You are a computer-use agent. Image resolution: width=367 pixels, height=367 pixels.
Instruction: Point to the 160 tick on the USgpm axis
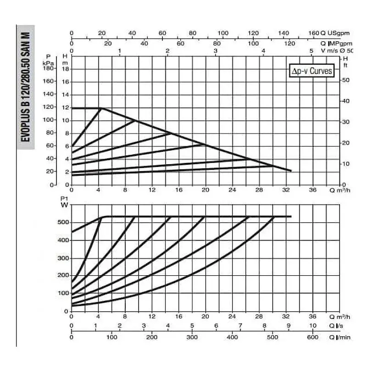click(x=314, y=33)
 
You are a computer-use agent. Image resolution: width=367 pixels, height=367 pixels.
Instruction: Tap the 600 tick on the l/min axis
click(x=312, y=337)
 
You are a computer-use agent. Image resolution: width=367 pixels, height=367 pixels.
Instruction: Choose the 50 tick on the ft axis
click(x=347, y=80)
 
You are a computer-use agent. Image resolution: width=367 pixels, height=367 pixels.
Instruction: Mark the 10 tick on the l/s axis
click(x=313, y=326)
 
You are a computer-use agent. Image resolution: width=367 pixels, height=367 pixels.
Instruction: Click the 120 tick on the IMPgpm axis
click(x=289, y=43)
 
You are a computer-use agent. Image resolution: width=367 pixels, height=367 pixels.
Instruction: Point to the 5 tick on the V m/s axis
click(x=311, y=50)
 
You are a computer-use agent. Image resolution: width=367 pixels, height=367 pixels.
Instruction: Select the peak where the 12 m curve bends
click(x=101, y=108)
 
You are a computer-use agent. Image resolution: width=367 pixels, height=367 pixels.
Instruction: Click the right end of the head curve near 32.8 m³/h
click(x=291, y=171)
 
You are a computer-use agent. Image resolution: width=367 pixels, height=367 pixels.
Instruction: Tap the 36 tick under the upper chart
click(x=312, y=190)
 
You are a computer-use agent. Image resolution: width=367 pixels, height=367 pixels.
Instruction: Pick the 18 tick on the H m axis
click(x=66, y=69)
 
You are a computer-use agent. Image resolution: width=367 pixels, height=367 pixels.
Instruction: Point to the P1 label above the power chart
click(x=63, y=199)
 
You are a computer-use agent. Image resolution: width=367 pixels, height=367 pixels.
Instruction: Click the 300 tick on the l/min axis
click(x=192, y=337)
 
